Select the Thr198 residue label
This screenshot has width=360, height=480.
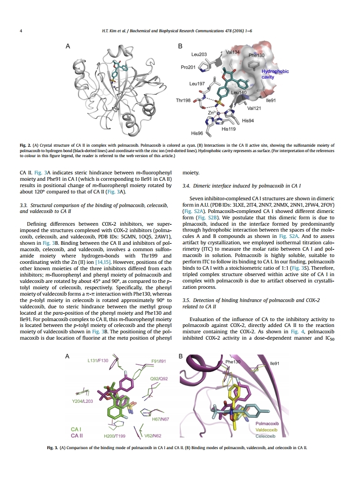(x=183, y=100)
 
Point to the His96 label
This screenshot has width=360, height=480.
(x=197, y=133)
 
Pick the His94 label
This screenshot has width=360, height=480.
(x=248, y=121)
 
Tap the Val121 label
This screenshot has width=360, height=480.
(x=254, y=108)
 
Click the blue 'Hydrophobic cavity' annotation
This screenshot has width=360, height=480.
(x=275, y=74)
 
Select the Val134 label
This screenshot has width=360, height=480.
(x=232, y=52)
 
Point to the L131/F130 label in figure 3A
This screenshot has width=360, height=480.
(x=98, y=361)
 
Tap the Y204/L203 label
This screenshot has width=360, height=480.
(x=83, y=401)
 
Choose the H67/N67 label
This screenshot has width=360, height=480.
(x=160, y=419)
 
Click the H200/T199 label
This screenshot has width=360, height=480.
(x=114, y=436)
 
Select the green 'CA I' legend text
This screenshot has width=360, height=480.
(x=76, y=429)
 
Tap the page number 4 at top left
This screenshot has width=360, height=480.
(x=22, y=31)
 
